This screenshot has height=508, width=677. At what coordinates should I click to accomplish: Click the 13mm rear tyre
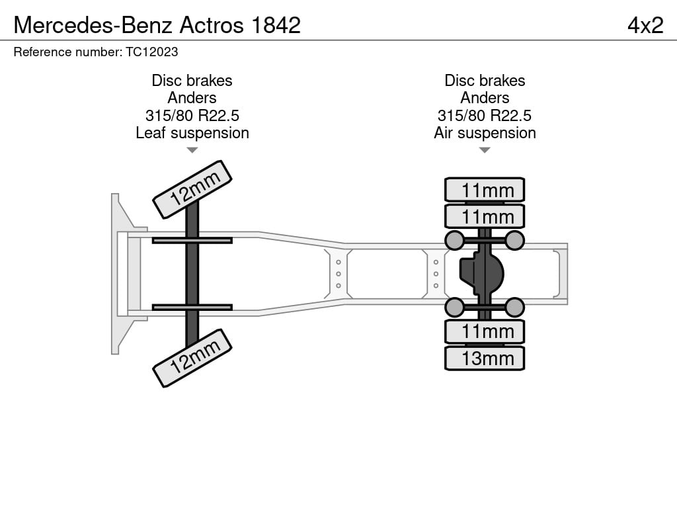coord(485,358)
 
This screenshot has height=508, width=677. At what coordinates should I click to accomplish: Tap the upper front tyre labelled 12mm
coord(192,190)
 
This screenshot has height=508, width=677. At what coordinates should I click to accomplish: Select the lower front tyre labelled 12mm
coord(192,358)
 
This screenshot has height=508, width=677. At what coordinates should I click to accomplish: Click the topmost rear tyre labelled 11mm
coord(485,190)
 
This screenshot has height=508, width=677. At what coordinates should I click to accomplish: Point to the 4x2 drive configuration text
coord(645,25)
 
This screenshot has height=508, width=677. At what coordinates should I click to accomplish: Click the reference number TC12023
coord(152,52)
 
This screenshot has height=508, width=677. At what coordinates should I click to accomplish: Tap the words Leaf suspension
coord(192,133)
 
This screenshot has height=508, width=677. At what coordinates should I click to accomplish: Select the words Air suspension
coord(485,133)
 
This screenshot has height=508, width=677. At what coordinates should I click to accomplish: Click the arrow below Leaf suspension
coord(192,150)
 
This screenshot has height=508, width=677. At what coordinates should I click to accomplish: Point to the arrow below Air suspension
coord(485,150)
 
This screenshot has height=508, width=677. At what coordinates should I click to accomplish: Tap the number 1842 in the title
coord(276,25)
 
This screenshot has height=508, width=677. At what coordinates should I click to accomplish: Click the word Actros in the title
coord(212,25)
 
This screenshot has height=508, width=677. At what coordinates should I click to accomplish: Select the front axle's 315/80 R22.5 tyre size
coord(192,115)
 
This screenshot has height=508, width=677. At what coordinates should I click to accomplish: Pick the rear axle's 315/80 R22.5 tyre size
coord(485,115)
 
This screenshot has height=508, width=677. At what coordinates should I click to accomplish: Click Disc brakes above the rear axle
coord(485,80)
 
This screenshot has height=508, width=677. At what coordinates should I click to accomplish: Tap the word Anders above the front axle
coord(192,98)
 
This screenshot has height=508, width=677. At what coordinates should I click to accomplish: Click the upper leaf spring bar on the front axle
coord(192,241)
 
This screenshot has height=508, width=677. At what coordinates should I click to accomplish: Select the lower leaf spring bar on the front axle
coord(192,307)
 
